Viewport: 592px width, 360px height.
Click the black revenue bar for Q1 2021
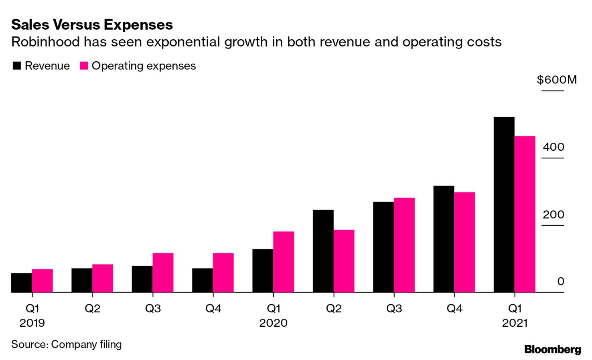tap(504, 204)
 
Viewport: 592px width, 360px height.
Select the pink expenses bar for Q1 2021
tap(525, 214)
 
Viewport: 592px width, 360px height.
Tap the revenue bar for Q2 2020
tap(323, 251)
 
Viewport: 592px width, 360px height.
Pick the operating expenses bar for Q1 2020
tap(284, 262)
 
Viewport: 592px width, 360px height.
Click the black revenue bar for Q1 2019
tap(22, 283)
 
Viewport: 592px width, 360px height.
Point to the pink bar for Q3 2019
tap(163, 273)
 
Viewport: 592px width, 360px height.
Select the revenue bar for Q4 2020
tap(444, 239)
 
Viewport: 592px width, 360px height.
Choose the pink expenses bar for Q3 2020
tap(404, 245)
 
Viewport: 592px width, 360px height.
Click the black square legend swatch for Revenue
tap(17, 66)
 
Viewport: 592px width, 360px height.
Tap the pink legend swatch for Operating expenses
tap(84, 66)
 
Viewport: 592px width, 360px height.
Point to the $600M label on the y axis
tap(557, 80)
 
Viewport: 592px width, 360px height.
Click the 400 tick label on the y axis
tap(553, 147)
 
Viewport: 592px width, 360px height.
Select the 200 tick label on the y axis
tap(553, 214)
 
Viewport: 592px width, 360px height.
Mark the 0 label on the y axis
tap(561, 281)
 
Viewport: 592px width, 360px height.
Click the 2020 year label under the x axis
tap(273, 323)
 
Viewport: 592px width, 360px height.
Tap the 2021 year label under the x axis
tap(515, 323)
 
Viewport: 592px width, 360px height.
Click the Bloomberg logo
tap(552, 349)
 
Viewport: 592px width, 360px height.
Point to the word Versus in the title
tap(77, 25)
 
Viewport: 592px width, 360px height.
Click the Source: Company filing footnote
tap(66, 344)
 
